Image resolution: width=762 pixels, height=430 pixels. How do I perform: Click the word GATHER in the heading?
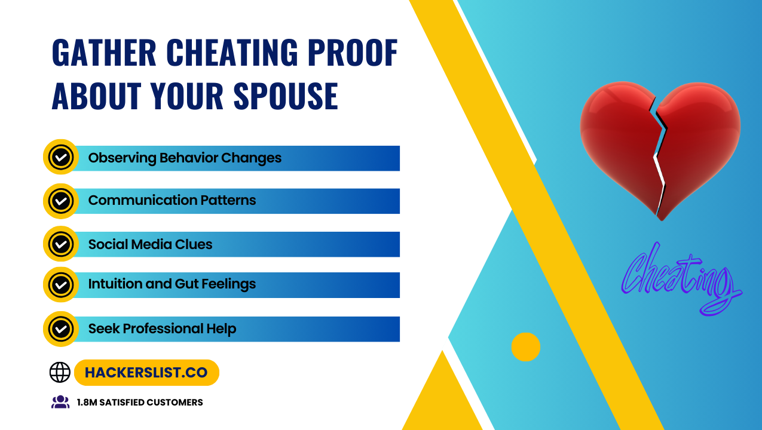[x=104, y=53]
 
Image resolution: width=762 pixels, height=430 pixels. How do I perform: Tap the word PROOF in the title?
[x=353, y=53]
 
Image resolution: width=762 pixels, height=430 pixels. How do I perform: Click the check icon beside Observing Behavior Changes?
[x=61, y=157]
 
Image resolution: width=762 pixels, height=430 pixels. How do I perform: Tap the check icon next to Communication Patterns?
[x=61, y=201]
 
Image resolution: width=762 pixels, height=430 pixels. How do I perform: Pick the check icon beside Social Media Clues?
[x=61, y=244]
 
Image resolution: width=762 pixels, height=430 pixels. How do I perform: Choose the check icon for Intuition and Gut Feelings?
[x=61, y=284]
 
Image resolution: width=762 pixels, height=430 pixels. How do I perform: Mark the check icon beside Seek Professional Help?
[x=61, y=328]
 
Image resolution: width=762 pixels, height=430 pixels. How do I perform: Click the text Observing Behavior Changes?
[x=185, y=158]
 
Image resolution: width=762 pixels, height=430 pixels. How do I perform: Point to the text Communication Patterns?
[x=172, y=200]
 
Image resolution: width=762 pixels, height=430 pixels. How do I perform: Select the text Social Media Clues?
[x=150, y=244]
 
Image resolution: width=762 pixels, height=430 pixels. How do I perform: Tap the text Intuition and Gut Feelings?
[x=172, y=284]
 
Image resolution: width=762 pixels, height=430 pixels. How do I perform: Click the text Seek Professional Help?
[x=162, y=328]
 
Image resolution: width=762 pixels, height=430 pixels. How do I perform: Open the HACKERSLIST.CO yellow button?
[x=146, y=373]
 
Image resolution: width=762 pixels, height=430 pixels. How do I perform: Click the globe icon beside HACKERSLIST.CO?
[x=60, y=372]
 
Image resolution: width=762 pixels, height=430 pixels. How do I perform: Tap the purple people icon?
[x=60, y=402]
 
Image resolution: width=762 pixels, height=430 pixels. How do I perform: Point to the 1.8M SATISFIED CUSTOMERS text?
[x=140, y=403]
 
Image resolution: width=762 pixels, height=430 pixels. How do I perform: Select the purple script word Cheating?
[x=681, y=279]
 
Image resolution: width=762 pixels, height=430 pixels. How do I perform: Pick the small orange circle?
[x=525, y=347]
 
